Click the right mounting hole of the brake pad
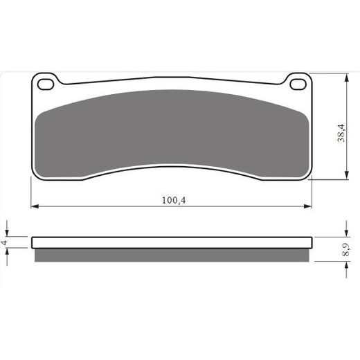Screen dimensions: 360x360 [298, 84]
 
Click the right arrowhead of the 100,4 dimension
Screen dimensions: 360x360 [309, 206]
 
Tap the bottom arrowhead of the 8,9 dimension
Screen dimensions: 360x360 [344, 258]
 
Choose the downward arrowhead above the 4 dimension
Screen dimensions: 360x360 [8, 233]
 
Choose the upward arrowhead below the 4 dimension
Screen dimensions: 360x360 [8, 252]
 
